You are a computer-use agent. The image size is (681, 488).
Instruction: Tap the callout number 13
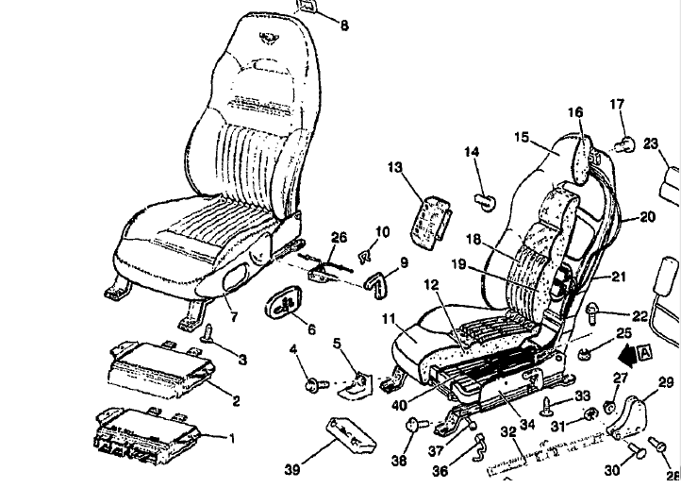pyautogui.click(x=394, y=167)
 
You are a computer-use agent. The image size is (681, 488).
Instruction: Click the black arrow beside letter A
pyautogui.click(x=623, y=356)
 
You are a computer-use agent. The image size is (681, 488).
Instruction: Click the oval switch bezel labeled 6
pyautogui.click(x=283, y=304)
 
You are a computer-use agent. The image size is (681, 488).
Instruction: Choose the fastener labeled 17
pyautogui.click(x=623, y=143)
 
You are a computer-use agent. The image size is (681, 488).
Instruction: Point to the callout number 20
pyautogui.click(x=646, y=216)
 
